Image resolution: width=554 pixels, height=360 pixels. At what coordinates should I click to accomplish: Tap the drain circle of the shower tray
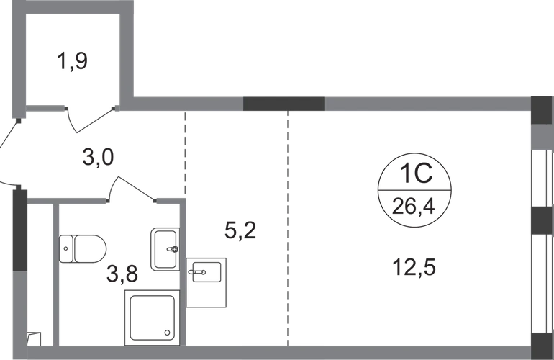(x=166, y=333)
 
